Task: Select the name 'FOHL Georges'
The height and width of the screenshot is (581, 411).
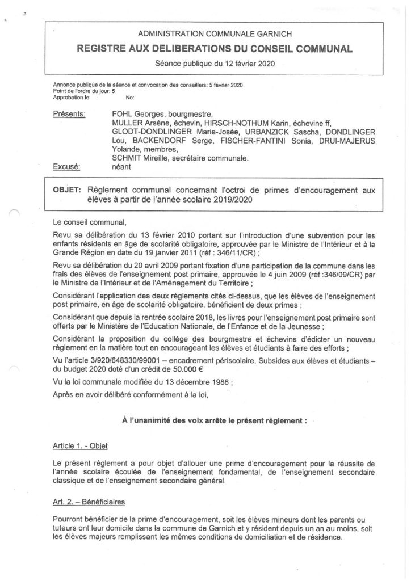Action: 136,113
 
